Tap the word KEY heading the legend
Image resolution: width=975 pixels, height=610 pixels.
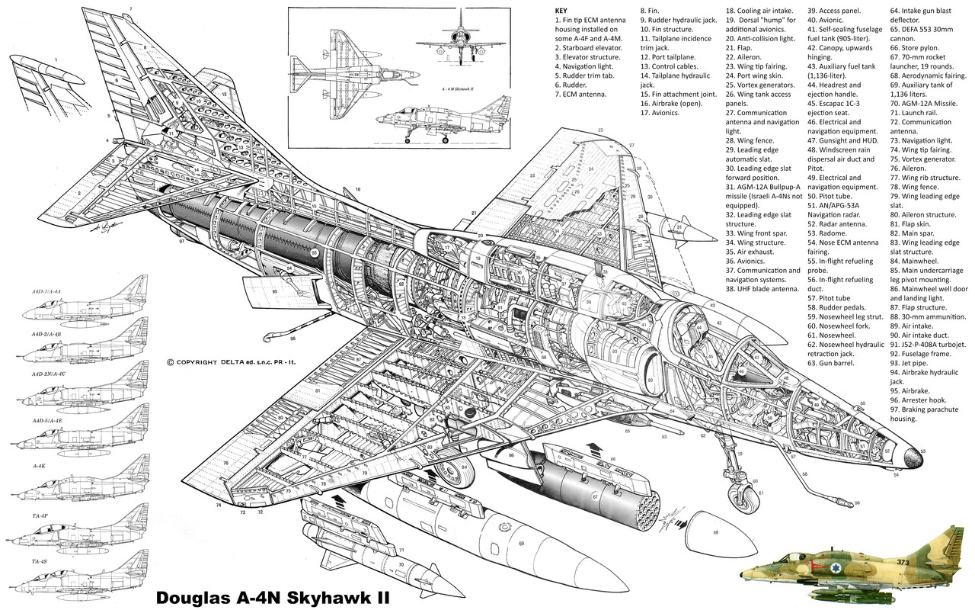point(562,12)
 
